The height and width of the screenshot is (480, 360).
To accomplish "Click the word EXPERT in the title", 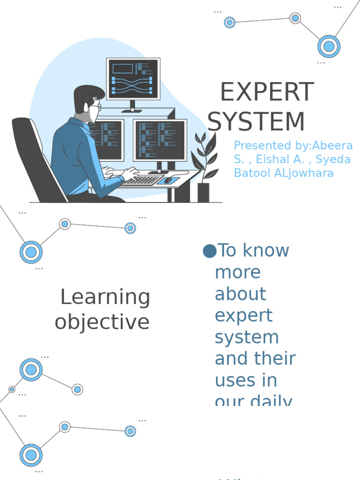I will pos(267,92).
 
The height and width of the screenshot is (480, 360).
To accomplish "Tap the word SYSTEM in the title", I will pos(256,121).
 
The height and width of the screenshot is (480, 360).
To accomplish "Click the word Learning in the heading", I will pos(105,298).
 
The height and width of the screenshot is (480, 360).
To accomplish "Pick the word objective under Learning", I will pos(102,322).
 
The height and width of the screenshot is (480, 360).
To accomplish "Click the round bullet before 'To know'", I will pos(210,251).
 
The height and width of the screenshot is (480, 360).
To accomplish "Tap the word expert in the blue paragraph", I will pos(243,315).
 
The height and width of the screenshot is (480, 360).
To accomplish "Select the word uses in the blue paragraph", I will pos(246,380).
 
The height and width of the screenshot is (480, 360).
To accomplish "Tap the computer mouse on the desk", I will pos(168,180).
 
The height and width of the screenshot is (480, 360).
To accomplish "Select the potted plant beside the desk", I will pos(205,164).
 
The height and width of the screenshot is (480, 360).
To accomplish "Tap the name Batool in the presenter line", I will pos(251,173).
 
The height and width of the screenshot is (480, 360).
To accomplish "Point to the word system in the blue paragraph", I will pos(247,337).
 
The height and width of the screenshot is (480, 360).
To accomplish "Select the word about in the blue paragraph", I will pos(240,294).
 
